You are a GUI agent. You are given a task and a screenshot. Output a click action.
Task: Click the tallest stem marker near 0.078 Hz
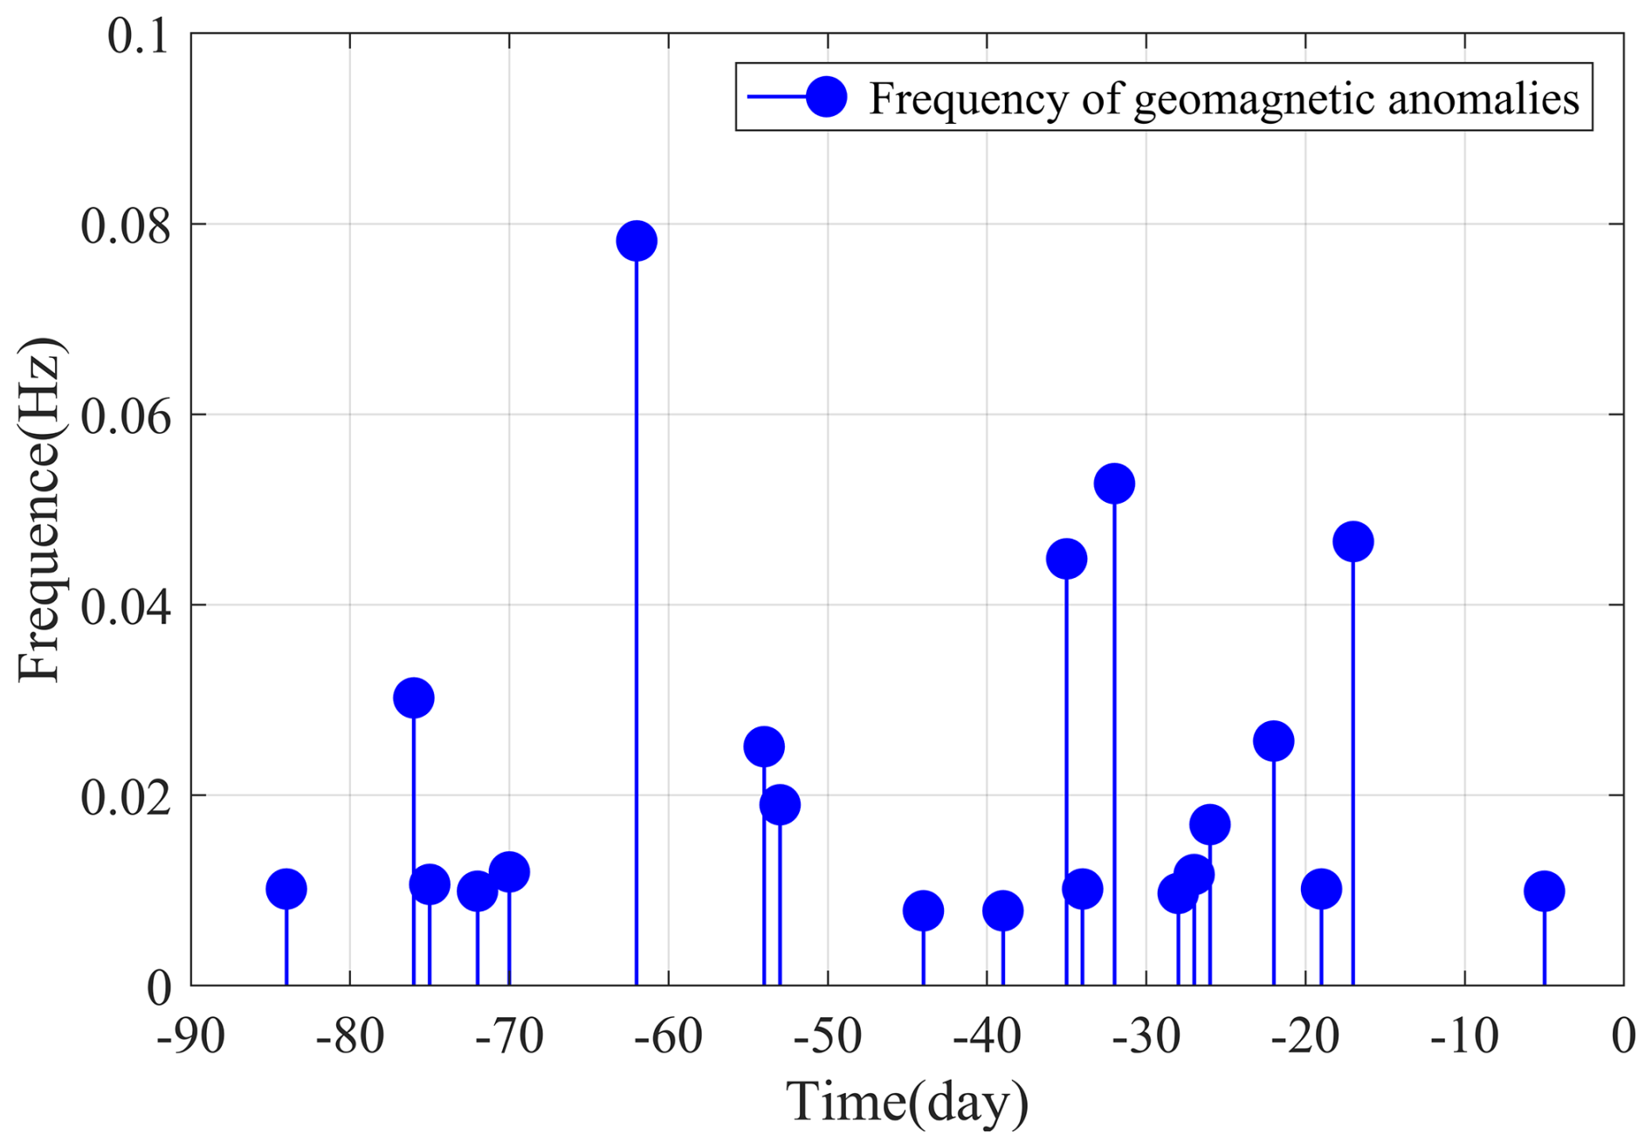click(x=637, y=241)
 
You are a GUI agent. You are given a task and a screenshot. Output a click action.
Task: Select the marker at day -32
click(x=1114, y=484)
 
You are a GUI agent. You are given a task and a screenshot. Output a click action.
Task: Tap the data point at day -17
click(x=1353, y=542)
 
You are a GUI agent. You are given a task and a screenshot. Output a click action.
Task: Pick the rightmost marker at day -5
click(x=1544, y=891)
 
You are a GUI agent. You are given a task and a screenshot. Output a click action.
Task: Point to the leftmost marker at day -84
click(x=286, y=890)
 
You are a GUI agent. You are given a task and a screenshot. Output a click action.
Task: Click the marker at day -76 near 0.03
click(x=414, y=698)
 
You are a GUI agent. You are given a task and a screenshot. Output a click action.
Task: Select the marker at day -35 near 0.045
click(x=1066, y=559)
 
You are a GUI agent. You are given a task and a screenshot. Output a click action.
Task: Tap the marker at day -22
click(x=1273, y=742)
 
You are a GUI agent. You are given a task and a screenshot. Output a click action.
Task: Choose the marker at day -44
click(x=923, y=911)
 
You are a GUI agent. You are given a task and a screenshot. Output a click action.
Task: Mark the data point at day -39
click(x=1002, y=911)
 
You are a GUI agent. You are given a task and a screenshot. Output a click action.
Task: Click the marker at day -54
click(x=764, y=747)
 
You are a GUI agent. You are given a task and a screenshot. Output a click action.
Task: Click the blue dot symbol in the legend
click(x=826, y=96)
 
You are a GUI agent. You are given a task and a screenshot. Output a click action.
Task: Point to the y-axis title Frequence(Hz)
click(x=39, y=509)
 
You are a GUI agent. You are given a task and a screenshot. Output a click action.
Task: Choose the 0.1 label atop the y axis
click(x=137, y=38)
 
